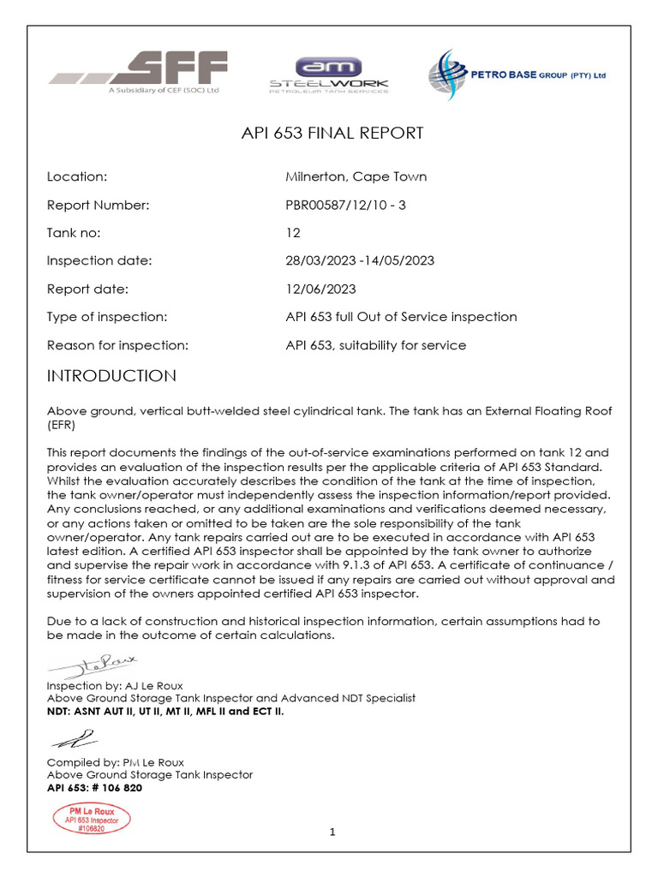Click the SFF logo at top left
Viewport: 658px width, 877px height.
coord(138,73)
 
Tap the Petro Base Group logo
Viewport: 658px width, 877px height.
coord(517,75)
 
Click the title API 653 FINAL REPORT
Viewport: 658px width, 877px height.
coord(329,134)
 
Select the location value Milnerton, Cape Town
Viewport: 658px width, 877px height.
coord(356,177)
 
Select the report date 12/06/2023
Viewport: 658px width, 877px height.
coord(320,289)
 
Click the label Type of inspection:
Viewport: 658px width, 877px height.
coord(106,317)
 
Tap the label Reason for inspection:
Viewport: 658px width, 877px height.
coord(117,345)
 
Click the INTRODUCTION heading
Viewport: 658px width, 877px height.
coord(111,377)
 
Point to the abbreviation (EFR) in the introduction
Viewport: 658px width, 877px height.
coord(62,424)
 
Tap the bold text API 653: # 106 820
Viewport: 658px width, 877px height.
coord(94,788)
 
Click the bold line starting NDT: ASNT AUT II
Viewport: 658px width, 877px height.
coord(165,711)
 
